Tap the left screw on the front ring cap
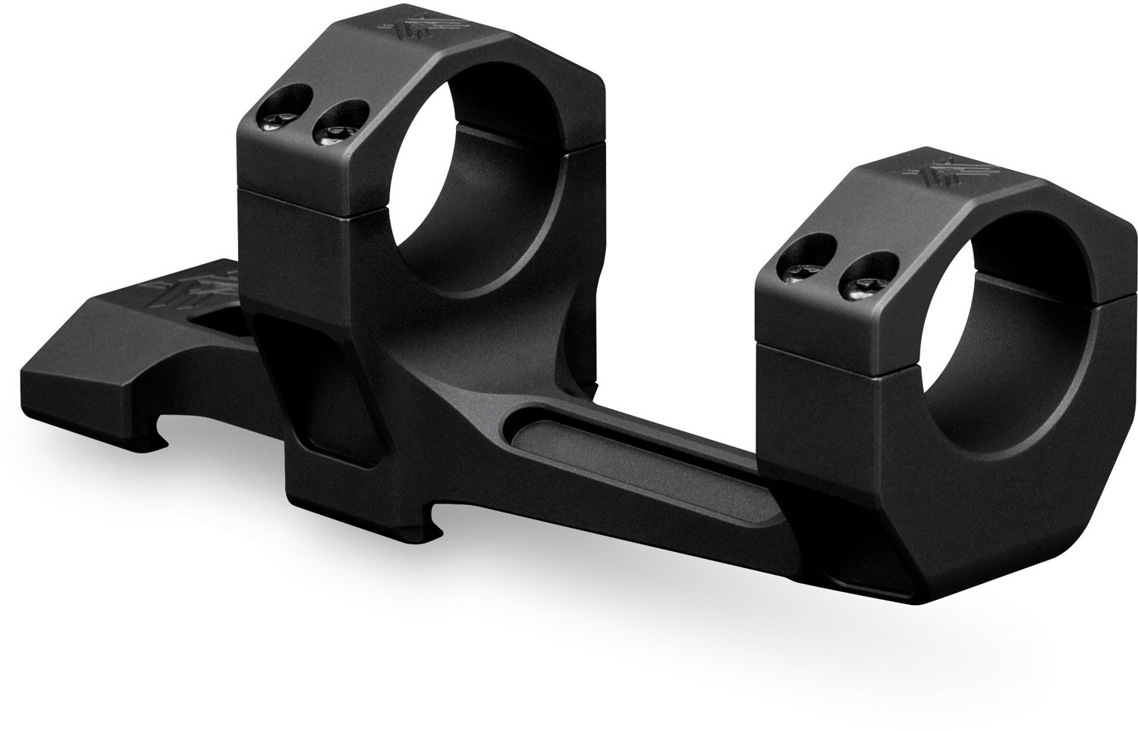[806, 268]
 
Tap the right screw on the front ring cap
[856, 285]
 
